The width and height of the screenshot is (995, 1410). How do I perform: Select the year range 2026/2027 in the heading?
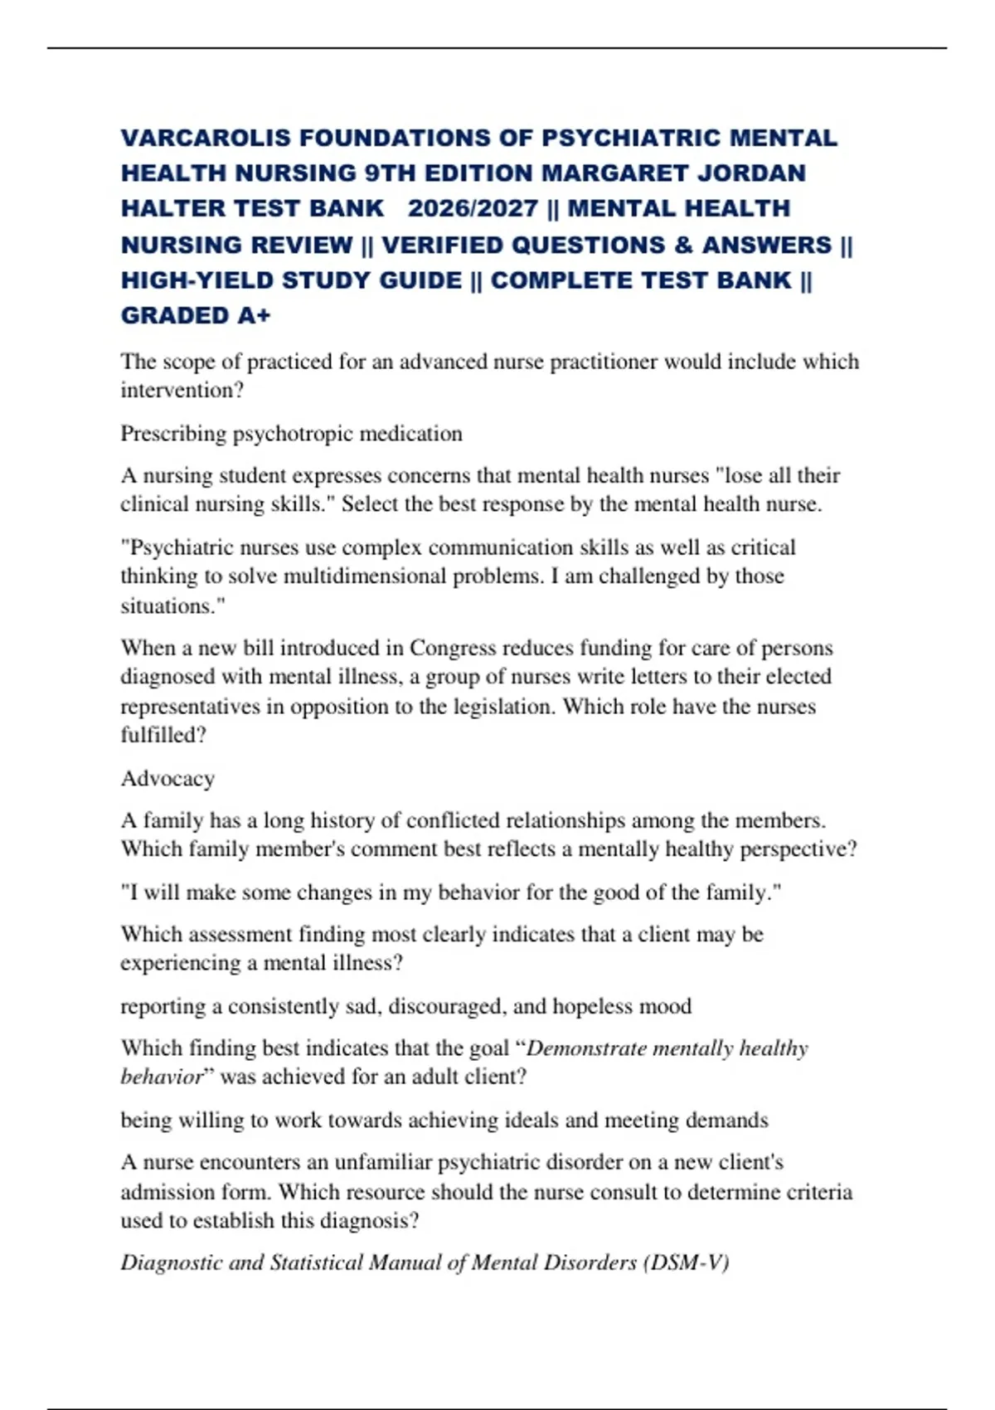coord(473,208)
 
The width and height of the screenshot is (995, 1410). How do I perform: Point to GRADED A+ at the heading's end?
coord(196,316)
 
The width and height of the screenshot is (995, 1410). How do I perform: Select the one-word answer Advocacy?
coord(168,779)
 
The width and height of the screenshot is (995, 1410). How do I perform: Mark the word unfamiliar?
coord(383,1163)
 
